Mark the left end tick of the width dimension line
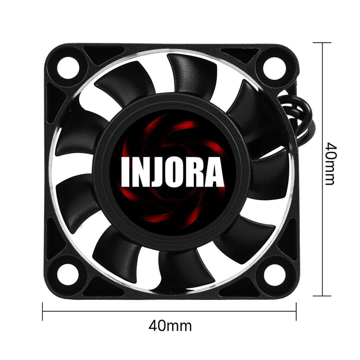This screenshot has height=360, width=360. pos(43,311)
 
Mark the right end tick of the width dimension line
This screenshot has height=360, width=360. pos(296,311)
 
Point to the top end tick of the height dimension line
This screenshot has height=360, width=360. pos(322,43)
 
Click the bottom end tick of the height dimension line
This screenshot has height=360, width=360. pos(322,296)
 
